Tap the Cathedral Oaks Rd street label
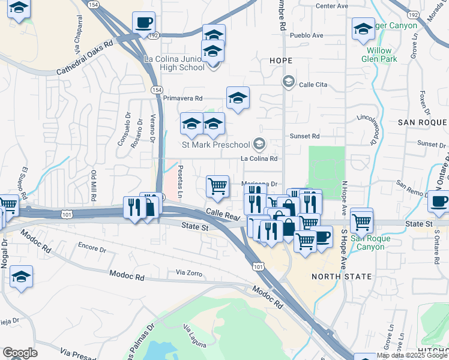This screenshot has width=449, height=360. click(x=85, y=58)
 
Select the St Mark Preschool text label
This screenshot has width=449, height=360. click(x=215, y=145)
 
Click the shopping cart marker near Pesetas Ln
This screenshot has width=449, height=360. click(x=217, y=185)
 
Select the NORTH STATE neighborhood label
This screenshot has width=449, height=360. click(x=342, y=277)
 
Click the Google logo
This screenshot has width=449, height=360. click(x=20, y=353)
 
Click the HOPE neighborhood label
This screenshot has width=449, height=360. click(x=281, y=61)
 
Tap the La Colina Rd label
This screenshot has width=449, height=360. click(x=259, y=159)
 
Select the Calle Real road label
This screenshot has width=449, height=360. click(x=219, y=213)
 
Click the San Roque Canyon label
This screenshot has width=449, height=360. click(x=370, y=242)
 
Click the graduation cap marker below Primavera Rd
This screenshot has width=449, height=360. click(x=238, y=98)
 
